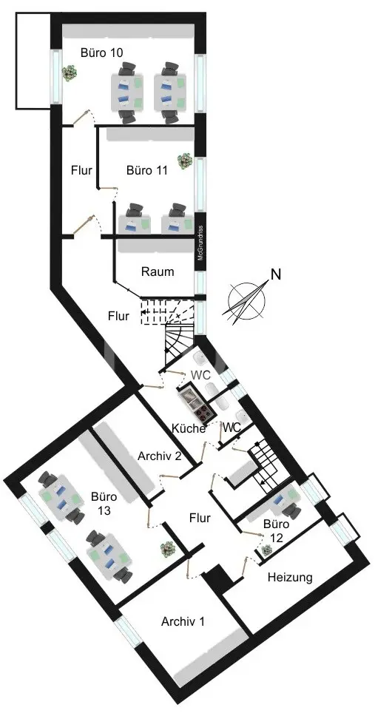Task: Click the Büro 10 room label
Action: click(101, 52)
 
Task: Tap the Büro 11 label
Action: click(147, 170)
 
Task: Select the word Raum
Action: click(158, 271)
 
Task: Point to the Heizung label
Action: click(290, 577)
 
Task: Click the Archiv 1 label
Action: click(183, 621)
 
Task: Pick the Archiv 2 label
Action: click(160, 456)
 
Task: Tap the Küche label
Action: click(188, 428)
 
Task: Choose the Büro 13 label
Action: click(104, 503)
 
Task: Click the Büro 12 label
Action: click(277, 531)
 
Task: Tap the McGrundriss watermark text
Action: click(200, 243)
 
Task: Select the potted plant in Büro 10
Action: click(69, 72)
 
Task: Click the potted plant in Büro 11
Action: click(184, 161)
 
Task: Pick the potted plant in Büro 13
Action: click(168, 549)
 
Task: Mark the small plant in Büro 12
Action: click(267, 550)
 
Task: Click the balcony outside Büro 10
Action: click(33, 60)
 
